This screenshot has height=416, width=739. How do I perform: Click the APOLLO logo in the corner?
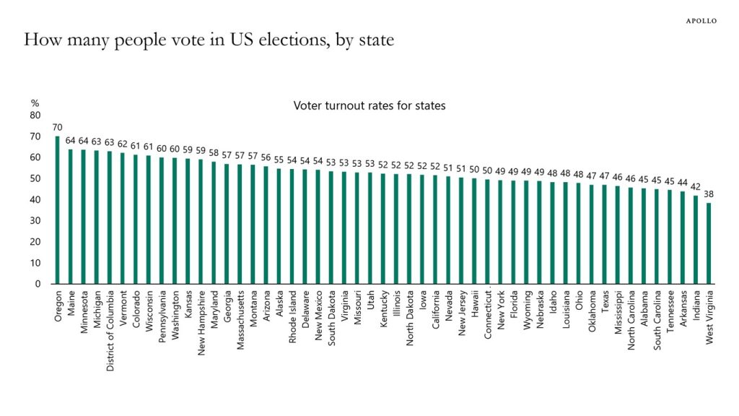coord(700,21)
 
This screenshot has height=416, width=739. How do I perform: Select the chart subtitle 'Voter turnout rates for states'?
coord(369,105)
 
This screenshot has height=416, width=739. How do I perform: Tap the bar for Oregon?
coord(58,209)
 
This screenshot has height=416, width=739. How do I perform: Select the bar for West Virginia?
coord(709,243)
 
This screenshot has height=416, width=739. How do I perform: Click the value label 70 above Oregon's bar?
coord(58,127)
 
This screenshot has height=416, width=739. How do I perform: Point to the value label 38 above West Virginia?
coord(709,194)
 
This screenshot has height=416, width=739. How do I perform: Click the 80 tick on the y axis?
coord(35,115)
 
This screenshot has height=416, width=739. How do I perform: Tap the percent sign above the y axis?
coord(34,103)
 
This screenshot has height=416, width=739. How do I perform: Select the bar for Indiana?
coord(696,239)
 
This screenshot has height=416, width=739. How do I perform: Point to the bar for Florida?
coord(513,232)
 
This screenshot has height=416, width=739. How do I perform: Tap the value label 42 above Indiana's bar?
coord(696,186)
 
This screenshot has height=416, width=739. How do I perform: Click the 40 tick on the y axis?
coord(35,199)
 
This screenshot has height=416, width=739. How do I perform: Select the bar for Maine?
coord(71,216)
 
